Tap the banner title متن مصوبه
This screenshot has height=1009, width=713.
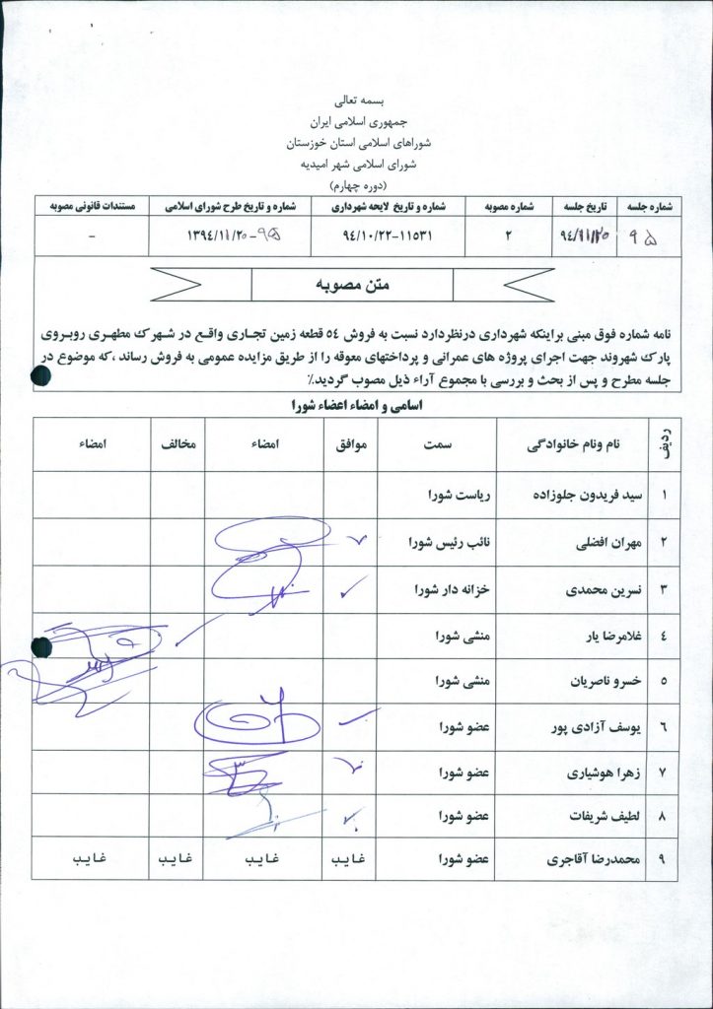(x=351, y=285)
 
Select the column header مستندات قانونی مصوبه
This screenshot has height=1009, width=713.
(x=92, y=207)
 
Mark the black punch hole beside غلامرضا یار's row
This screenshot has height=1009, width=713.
(x=41, y=646)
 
